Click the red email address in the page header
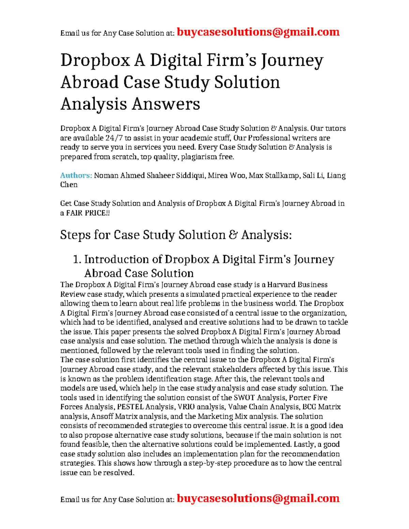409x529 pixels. click(258, 32)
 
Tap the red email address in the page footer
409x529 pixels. click(258, 498)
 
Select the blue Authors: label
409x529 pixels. click(76, 175)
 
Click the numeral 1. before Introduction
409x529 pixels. click(77, 260)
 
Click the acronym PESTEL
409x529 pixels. click(130, 407)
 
